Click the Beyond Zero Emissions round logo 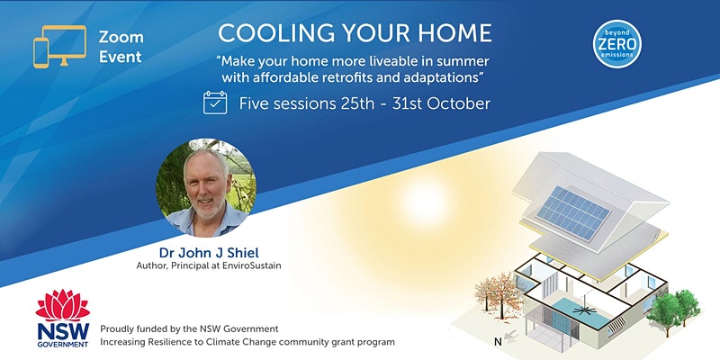point(617,44)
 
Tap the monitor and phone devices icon point(59,47)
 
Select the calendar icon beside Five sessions point(215,103)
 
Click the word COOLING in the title point(262,33)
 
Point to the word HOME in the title point(457,33)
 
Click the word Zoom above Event point(121,37)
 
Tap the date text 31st point(408,103)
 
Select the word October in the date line point(459,103)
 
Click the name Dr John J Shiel point(209,253)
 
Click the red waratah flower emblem point(63,305)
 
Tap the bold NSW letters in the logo point(63,331)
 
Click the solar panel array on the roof point(573,212)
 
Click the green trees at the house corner point(673,307)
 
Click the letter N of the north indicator point(498,342)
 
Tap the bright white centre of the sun point(423,203)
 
